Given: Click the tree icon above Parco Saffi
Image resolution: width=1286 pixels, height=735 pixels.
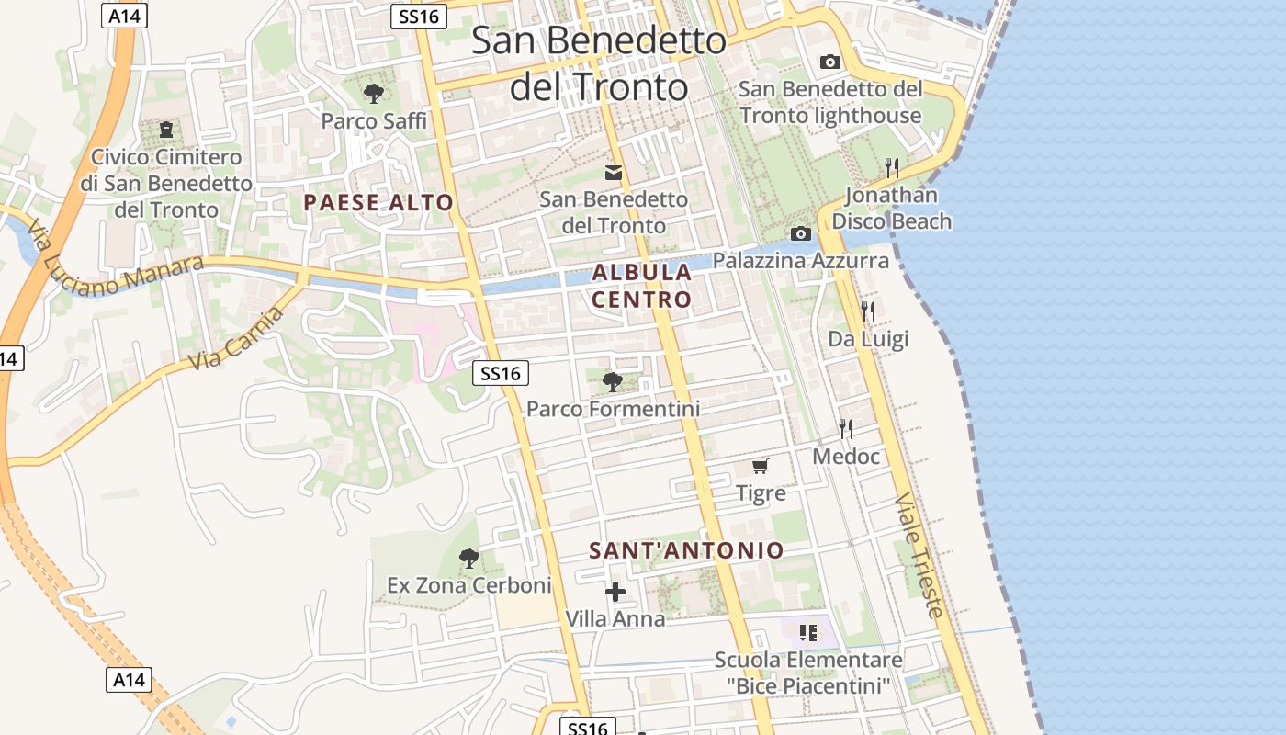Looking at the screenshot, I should pyautogui.click(x=373, y=93).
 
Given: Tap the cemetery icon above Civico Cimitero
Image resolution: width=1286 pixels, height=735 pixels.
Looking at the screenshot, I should pyautogui.click(x=166, y=130).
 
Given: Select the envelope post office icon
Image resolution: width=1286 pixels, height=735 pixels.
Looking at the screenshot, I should pyautogui.click(x=613, y=172).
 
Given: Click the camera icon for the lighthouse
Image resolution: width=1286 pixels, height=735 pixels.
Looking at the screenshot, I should pyautogui.click(x=829, y=62).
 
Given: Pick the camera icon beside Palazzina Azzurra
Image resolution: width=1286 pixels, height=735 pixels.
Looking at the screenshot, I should pyautogui.click(x=800, y=233).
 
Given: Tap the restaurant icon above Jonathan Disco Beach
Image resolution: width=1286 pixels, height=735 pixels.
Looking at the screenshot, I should pyautogui.click(x=891, y=167).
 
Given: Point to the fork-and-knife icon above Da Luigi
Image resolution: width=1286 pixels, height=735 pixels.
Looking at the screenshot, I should pyautogui.click(x=868, y=311).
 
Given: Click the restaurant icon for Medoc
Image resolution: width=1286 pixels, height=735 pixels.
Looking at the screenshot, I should pyautogui.click(x=846, y=428).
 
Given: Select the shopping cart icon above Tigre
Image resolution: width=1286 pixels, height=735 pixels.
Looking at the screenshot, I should pyautogui.click(x=761, y=466).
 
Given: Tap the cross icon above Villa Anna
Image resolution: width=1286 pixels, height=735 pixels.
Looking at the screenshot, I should pyautogui.click(x=615, y=592).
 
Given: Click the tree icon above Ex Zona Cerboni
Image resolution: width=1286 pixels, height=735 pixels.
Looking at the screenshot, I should pyautogui.click(x=469, y=558).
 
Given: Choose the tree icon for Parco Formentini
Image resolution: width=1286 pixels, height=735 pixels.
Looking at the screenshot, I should pyautogui.click(x=613, y=381).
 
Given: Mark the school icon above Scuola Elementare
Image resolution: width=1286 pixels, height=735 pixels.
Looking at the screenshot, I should pyautogui.click(x=808, y=632).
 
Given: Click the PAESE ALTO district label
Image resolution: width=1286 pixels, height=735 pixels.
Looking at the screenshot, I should pyautogui.click(x=378, y=203).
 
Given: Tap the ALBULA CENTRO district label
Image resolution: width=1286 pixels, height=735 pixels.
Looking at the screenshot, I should pyautogui.click(x=641, y=286).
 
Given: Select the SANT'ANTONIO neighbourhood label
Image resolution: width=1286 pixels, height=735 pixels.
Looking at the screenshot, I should pyautogui.click(x=686, y=550).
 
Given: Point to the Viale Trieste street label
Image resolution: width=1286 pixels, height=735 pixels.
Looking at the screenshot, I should pyautogui.click(x=919, y=555).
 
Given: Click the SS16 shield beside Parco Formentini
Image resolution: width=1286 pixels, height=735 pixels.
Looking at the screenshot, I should pyautogui.click(x=501, y=373).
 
